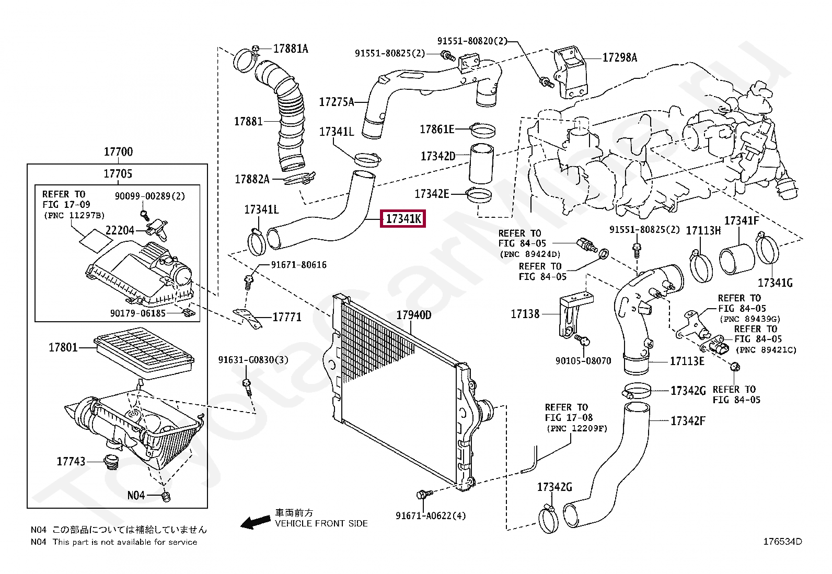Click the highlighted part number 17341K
pos(403,219)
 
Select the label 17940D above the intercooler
pos(414,315)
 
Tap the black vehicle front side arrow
pos(256,522)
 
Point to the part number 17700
pos(118,152)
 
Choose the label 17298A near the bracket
pos(619,57)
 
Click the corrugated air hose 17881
pos(286,120)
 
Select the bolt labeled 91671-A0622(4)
pos(423,494)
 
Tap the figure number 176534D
pos(782,542)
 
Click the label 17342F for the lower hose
pos(688,421)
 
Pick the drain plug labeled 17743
pos(111,463)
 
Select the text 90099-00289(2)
pos(150,196)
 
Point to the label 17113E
pos(687,361)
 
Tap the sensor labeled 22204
pos(157,228)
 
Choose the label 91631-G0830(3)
pos(253,360)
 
